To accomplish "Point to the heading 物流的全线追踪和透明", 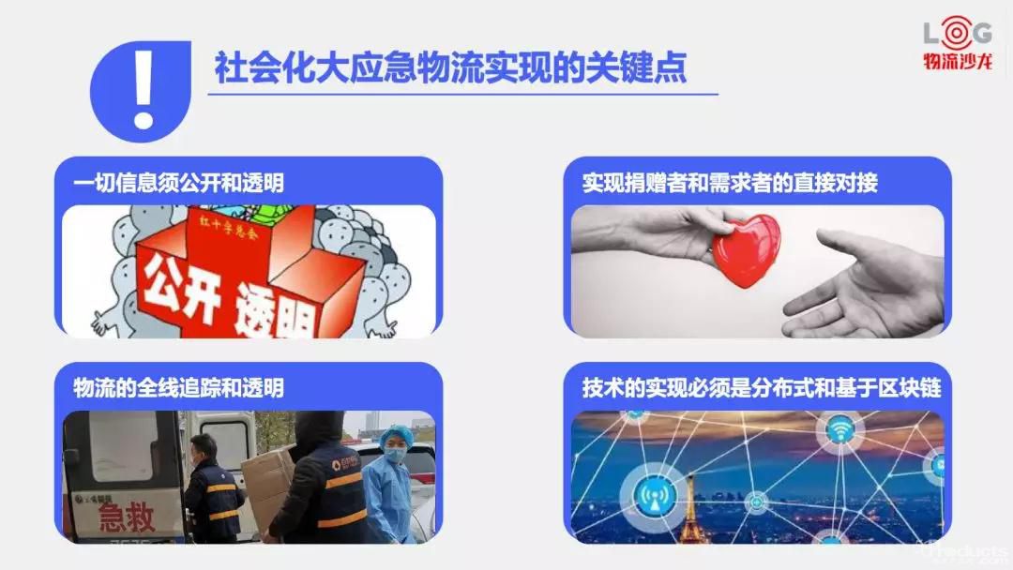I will (x=178, y=388).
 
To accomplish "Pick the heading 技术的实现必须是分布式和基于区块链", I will (x=761, y=388).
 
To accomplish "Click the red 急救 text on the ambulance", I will (x=128, y=517).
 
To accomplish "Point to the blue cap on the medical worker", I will (x=394, y=434).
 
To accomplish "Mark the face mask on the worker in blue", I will (x=395, y=454).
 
